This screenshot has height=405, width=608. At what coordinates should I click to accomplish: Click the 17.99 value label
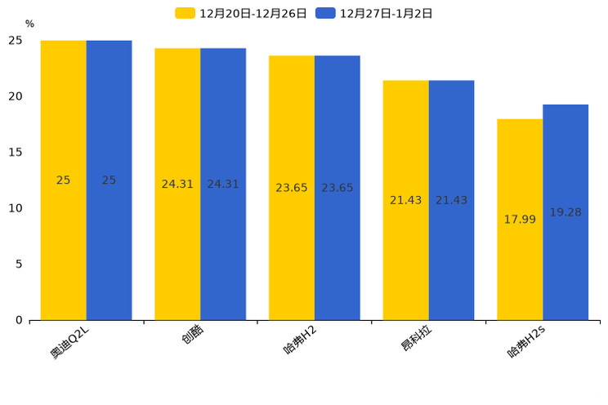coord(520,220)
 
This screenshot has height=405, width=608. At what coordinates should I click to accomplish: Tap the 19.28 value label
coord(566,212)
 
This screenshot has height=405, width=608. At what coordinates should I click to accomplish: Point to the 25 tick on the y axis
coord(16,41)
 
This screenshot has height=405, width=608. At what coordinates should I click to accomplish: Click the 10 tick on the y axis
coord(16,208)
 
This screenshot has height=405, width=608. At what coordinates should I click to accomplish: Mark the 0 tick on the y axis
coord(19,320)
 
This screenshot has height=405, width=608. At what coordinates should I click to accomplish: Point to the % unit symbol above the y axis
coord(29,24)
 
